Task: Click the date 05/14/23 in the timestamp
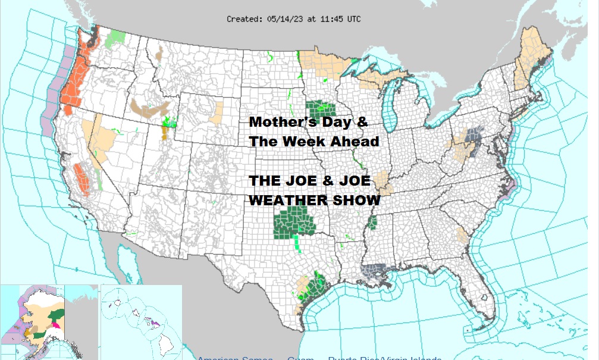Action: [x=283, y=19]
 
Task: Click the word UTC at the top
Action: [x=353, y=19]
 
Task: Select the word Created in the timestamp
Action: [x=243, y=19]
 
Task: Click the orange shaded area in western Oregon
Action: [x=77, y=77]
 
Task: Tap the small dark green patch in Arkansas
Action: [x=372, y=223]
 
